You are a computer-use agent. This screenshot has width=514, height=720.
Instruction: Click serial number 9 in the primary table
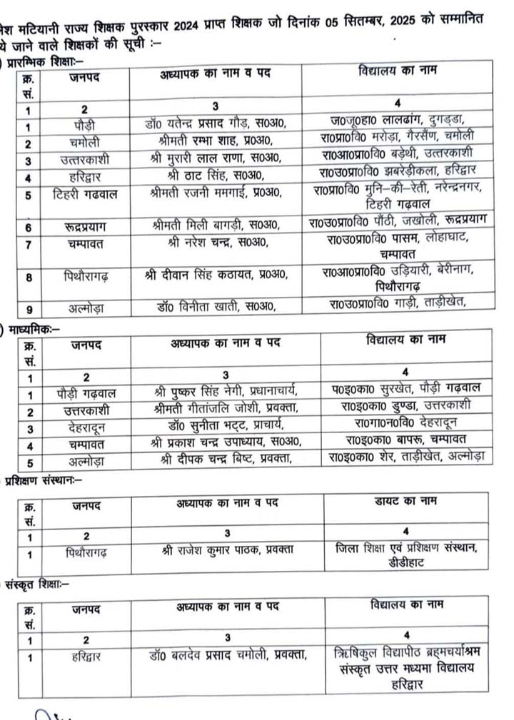click(x=28, y=308)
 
